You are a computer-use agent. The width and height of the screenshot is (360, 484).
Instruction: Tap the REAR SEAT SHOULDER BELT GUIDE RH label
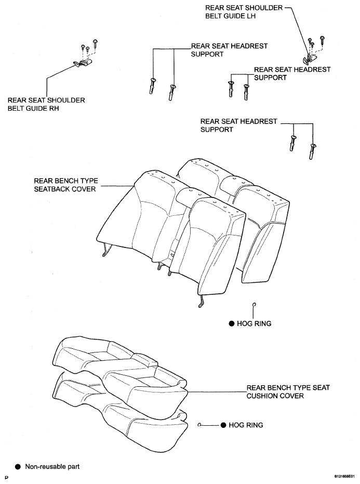pos(46,104)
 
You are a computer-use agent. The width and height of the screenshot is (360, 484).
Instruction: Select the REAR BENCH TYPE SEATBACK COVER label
pos(65,185)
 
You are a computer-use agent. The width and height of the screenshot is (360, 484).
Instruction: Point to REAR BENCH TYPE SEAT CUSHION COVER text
pos(288,391)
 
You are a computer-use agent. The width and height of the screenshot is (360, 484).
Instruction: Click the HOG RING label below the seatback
pos(254,323)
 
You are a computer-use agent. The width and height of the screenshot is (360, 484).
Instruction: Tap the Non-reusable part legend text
pos(52,466)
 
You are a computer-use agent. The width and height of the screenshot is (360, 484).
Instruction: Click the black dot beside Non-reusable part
pos(18,466)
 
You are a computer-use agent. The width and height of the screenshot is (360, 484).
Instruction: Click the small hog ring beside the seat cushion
pos(200,425)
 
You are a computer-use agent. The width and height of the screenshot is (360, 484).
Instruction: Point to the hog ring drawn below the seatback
pos(254,305)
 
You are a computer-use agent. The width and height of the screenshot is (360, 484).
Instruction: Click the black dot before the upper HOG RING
pos(232,323)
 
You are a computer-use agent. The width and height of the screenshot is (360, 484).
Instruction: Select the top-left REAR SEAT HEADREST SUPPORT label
pos(229,50)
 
